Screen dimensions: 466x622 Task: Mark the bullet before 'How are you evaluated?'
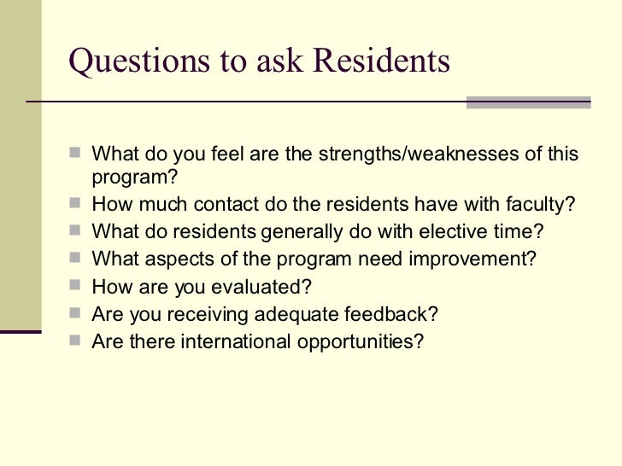pos(77,287)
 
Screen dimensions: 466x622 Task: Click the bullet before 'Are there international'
pos(77,341)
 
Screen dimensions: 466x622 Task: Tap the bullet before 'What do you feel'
pos(77,155)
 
